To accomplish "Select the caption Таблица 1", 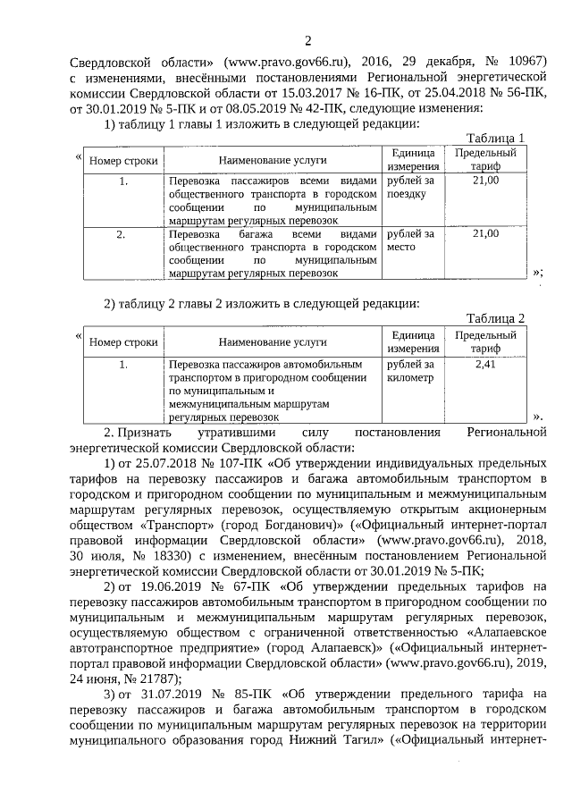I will tap(496, 138).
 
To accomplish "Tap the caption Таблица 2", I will tap(496, 318).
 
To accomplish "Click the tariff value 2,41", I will tap(485, 365).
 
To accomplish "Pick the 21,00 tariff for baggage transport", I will tap(485, 234).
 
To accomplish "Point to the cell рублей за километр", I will tap(410, 371).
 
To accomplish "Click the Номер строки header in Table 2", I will tap(123, 341).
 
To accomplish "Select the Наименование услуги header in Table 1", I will tap(273, 160).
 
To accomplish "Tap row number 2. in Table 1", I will tap(123, 234).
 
